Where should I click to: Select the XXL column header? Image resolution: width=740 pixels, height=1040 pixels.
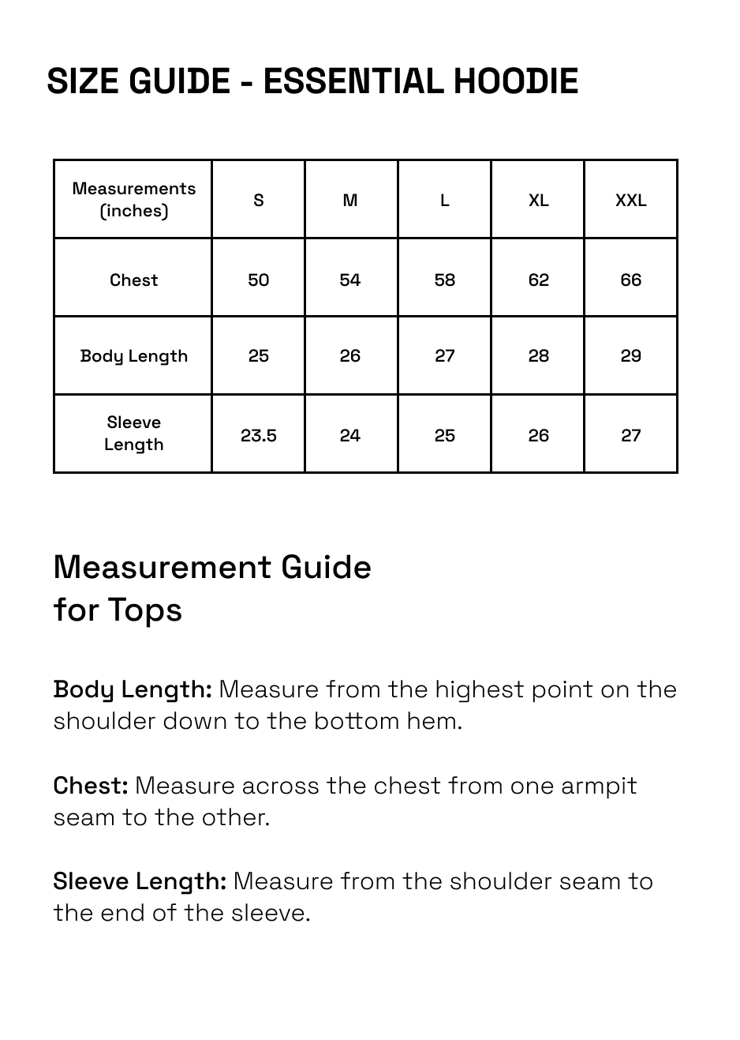[630, 201]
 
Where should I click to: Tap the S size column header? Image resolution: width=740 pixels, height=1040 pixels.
[259, 201]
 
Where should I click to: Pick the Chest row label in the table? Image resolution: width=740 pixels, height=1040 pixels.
[133, 280]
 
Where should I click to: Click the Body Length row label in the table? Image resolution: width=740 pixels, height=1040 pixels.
[133, 356]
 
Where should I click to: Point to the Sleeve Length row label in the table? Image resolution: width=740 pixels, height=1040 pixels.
[133, 434]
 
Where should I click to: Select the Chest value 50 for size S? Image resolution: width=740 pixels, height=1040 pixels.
[259, 280]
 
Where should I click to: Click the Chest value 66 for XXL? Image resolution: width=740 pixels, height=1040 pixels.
[630, 280]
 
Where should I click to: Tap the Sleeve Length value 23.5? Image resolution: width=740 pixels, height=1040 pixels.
[259, 435]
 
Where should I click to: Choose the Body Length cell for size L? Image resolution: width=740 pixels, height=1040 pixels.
[445, 356]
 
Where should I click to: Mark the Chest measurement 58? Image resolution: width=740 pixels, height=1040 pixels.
[445, 280]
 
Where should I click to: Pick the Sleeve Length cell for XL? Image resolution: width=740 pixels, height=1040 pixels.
[538, 435]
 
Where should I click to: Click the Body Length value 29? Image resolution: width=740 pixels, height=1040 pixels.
[630, 356]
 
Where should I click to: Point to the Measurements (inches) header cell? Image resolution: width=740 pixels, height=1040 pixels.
[133, 200]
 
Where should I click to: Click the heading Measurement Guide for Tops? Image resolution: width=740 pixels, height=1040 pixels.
[211, 588]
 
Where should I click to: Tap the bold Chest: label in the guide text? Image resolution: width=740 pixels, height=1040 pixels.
[91, 786]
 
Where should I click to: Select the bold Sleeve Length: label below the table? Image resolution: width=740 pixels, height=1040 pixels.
[140, 881]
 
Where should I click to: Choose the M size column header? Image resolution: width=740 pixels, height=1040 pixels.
[350, 201]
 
